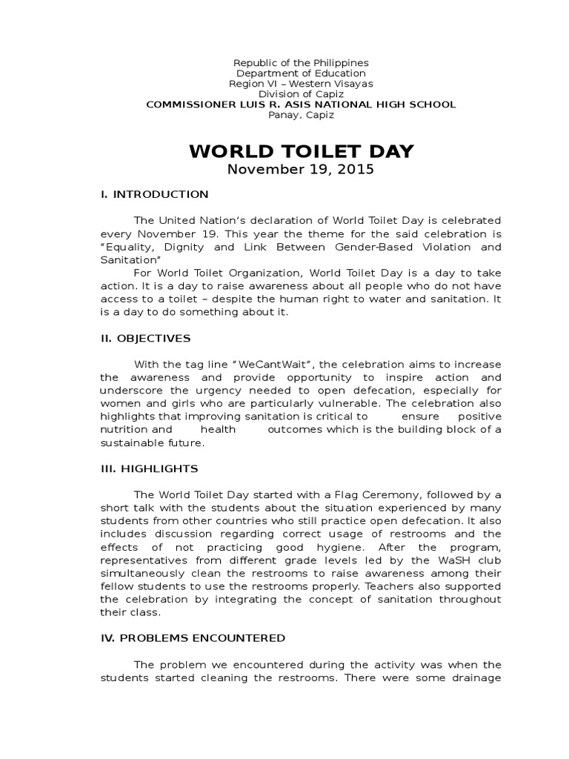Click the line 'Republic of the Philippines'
tap(301, 63)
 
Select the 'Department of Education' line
tap(301, 73)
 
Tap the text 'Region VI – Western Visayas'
tap(301, 84)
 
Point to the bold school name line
tap(301, 105)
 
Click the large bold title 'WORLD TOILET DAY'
tap(301, 152)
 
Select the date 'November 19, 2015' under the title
tap(301, 169)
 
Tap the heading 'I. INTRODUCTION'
tap(154, 194)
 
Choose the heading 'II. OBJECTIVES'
tap(145, 338)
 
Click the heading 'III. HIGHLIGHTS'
tap(149, 468)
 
